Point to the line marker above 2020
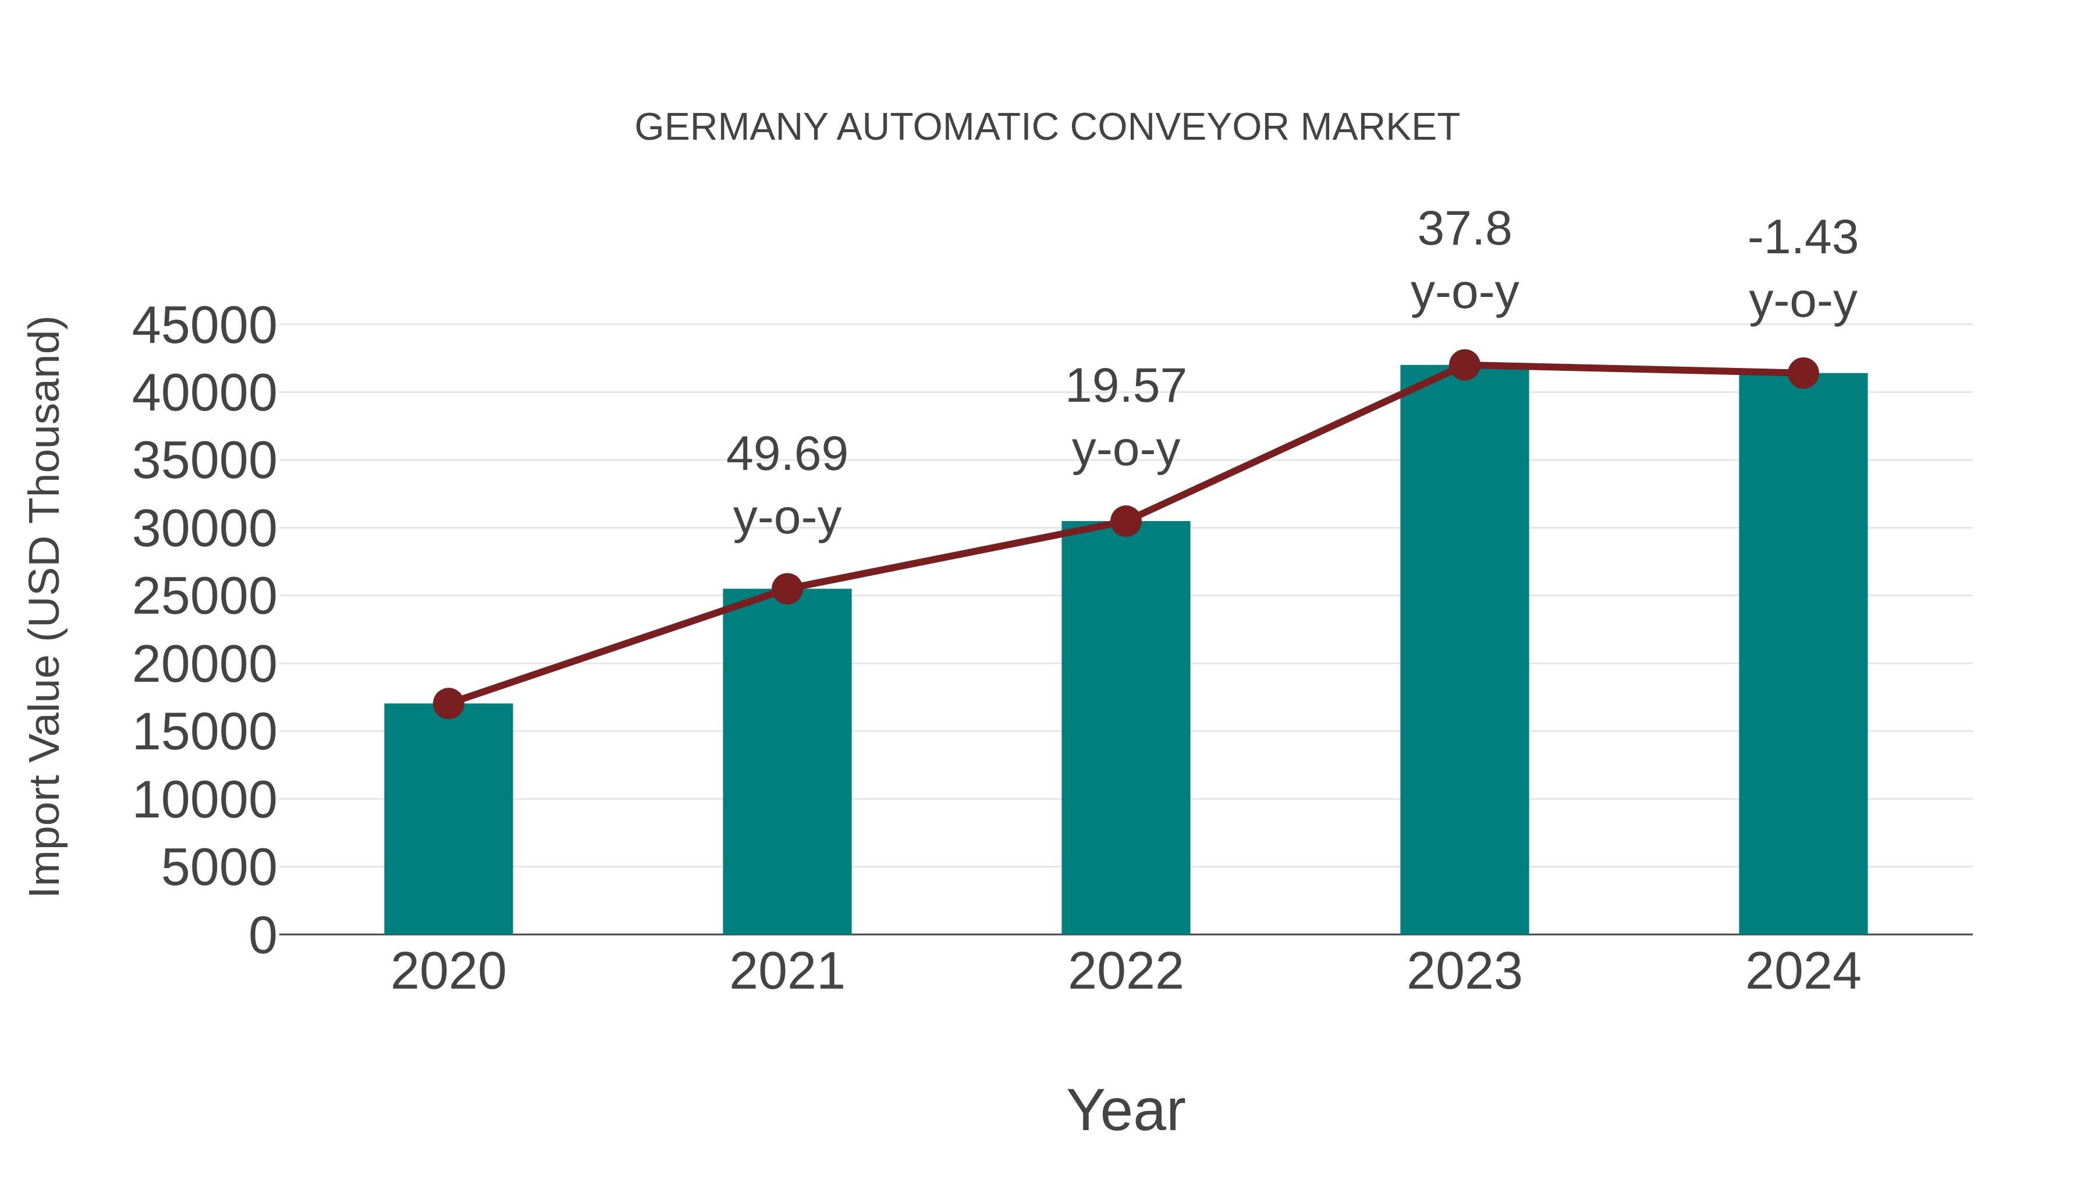click(448, 703)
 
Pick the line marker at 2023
click(1464, 365)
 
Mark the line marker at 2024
click(1803, 373)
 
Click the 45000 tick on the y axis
click(204, 325)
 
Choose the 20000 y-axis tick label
click(204, 664)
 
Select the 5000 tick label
click(219, 868)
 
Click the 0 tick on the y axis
click(262, 935)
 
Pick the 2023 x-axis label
click(1464, 972)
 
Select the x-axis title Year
click(1125, 1110)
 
